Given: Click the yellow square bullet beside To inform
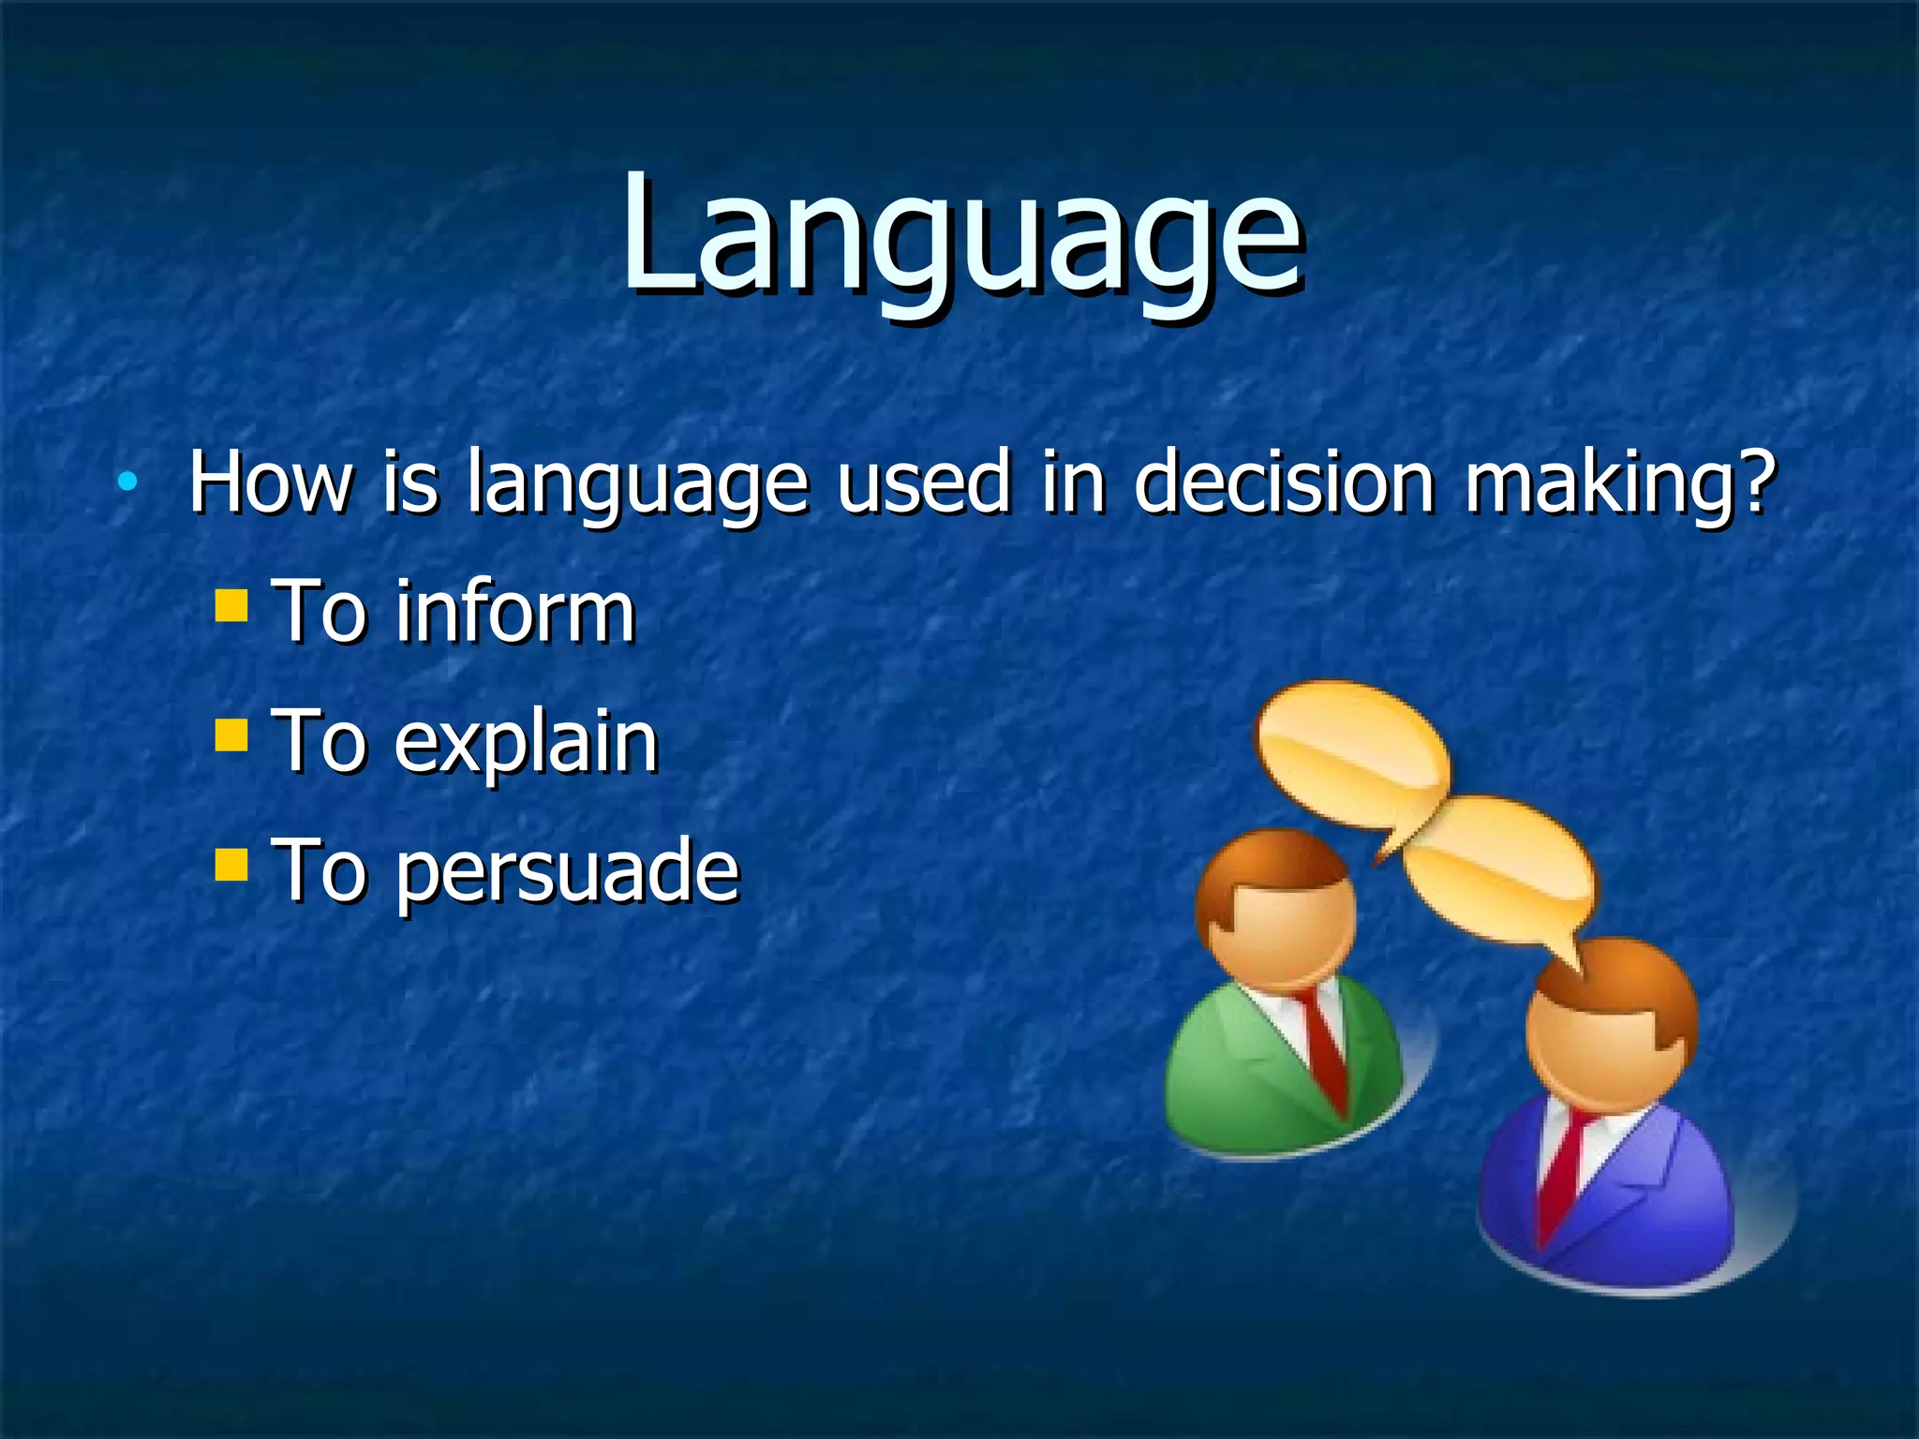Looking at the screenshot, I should [231, 605].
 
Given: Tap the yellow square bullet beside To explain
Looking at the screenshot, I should [231, 735].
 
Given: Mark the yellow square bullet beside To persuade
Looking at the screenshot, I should [231, 865].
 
